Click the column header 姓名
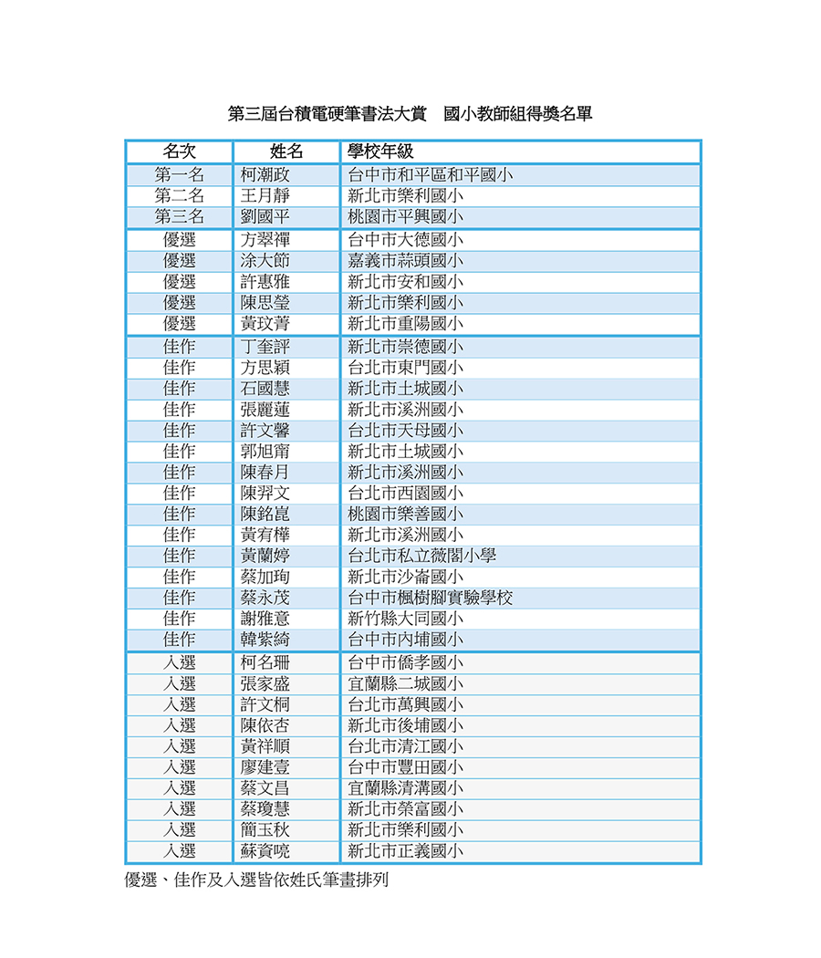click(286, 151)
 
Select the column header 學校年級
click(380, 151)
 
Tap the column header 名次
click(179, 151)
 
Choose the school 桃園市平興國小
click(405, 217)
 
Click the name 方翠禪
click(265, 240)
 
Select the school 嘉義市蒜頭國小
click(405, 261)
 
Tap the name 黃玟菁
click(265, 324)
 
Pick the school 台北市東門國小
click(405, 368)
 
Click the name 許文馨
click(265, 431)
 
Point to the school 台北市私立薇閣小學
click(421, 556)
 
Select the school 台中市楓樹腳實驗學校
click(430, 598)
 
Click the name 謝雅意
click(265, 619)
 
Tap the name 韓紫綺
click(265, 640)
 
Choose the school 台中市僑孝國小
click(405, 663)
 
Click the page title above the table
click(410, 115)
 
